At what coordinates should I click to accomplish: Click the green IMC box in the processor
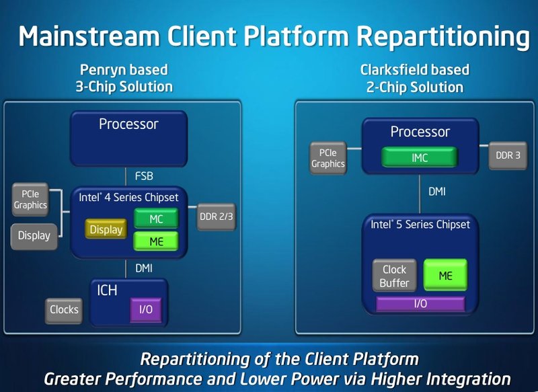tap(420, 158)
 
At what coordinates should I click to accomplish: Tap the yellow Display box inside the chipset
tap(107, 230)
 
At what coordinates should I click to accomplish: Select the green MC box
tap(156, 219)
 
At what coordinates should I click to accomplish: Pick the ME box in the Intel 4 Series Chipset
tap(156, 241)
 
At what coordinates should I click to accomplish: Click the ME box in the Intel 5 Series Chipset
tap(445, 275)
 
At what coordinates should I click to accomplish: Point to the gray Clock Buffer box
tap(394, 276)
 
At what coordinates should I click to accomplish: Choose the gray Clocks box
tap(65, 310)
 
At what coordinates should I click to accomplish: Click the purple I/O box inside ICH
tap(145, 310)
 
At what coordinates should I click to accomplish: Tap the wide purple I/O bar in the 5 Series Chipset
tap(420, 304)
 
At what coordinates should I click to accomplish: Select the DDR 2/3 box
tap(217, 217)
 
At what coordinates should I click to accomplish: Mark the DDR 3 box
tap(508, 155)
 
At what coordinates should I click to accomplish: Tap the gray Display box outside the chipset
tap(34, 236)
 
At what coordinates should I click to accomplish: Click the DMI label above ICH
tap(143, 268)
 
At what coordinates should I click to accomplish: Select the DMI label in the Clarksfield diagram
tap(437, 192)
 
